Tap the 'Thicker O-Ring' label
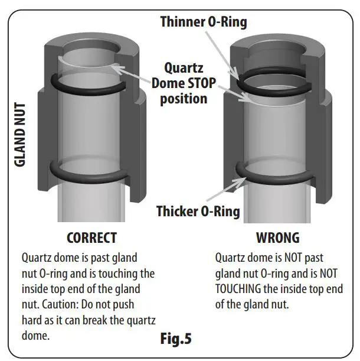pos(198,211)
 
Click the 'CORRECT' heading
pos(91,238)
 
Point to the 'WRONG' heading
pos(277,238)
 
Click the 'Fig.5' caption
pos(176,339)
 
